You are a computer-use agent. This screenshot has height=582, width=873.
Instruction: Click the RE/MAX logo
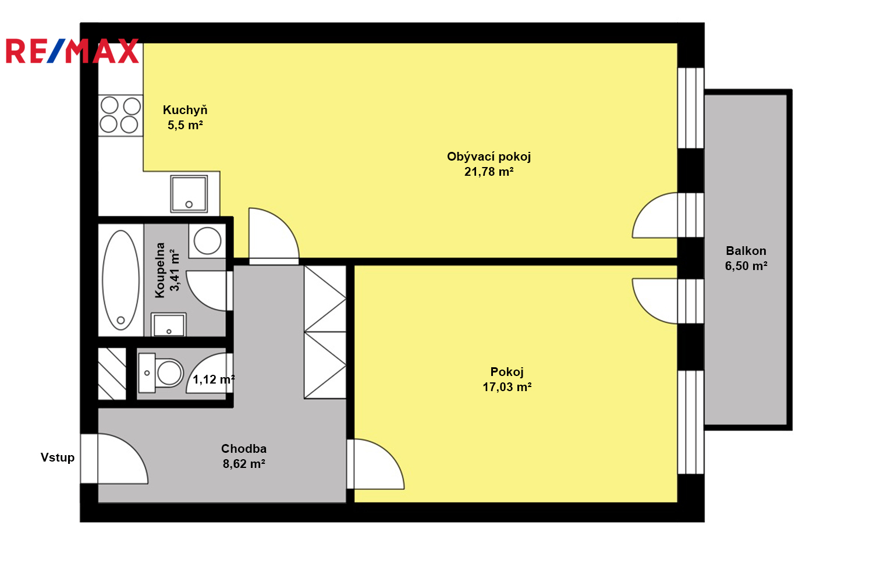coord(72,51)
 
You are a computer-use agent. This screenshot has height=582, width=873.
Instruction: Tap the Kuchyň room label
coord(185,110)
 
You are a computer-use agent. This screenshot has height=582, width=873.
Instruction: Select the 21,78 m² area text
coord(489,172)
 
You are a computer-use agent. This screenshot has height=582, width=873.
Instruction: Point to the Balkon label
coord(746,251)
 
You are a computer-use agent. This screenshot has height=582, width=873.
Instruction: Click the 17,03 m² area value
coord(507,386)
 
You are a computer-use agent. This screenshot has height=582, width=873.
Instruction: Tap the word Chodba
coord(244,449)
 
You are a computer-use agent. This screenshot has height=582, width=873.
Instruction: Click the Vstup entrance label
coord(57,457)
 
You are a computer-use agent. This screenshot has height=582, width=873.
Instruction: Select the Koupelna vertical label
coord(160,271)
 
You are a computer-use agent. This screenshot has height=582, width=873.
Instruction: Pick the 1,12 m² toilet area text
coord(214,379)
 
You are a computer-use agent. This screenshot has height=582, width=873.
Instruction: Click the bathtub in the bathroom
coord(121,280)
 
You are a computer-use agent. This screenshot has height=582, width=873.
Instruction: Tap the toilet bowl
coord(169,373)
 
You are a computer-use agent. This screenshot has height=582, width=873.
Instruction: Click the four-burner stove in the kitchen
coord(120,116)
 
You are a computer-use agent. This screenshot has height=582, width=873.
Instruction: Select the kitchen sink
coord(189,194)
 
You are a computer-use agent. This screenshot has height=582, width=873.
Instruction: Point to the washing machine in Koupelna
coord(207,240)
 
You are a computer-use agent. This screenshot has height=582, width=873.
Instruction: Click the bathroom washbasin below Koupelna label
coord(168,324)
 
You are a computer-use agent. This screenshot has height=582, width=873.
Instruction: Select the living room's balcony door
coord(655,215)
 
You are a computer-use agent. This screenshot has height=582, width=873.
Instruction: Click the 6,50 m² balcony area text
coord(746,266)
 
